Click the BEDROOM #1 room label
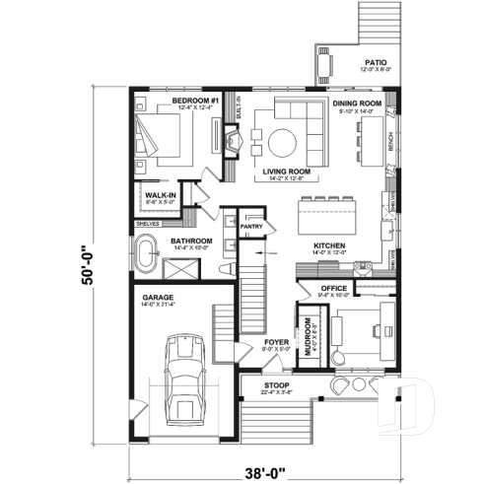[193, 100]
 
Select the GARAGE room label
[157, 296]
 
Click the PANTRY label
[251, 226]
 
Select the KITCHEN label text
[327, 245]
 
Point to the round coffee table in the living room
[278, 141]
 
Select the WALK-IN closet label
[161, 196]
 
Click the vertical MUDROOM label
[309, 339]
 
